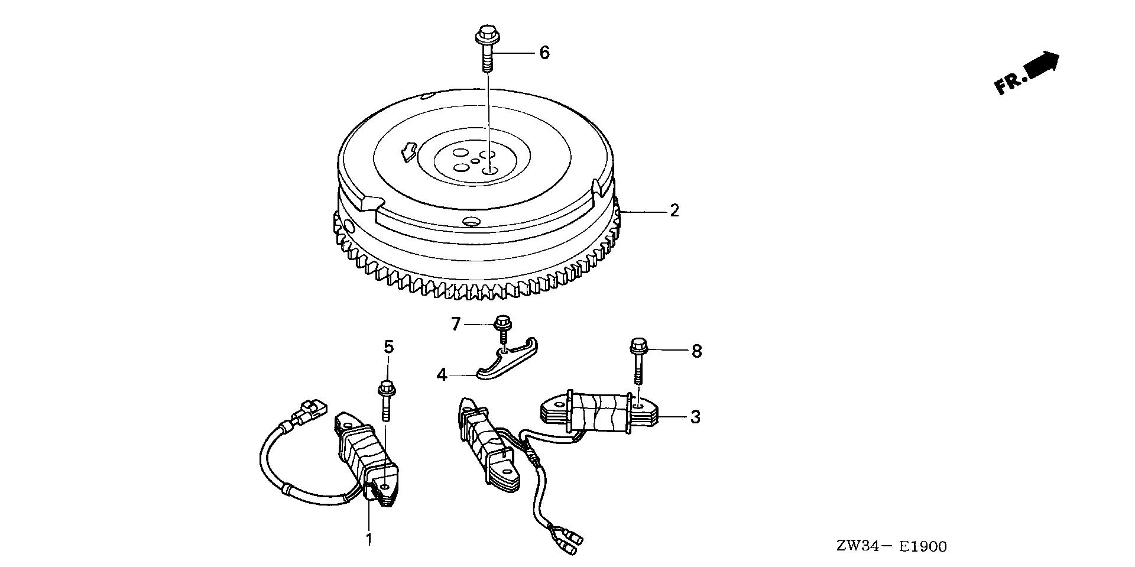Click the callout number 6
click(x=544, y=53)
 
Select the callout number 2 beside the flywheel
click(x=674, y=210)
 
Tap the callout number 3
click(x=695, y=417)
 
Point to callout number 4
click(x=442, y=374)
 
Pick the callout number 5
click(x=388, y=348)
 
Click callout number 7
click(x=455, y=324)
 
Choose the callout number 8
click(x=696, y=351)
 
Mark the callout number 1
click(x=369, y=539)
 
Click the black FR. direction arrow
click(x=1043, y=64)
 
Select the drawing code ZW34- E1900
click(x=891, y=546)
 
